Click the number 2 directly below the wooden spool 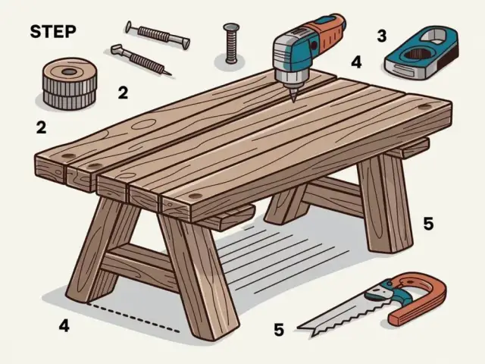[x=41, y=127]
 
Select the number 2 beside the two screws [x=122, y=93]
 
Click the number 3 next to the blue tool [x=381, y=36]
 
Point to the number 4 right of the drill [x=357, y=61]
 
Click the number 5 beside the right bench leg [x=428, y=224]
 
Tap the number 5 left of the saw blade [x=279, y=330]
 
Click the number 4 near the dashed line [x=64, y=327]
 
